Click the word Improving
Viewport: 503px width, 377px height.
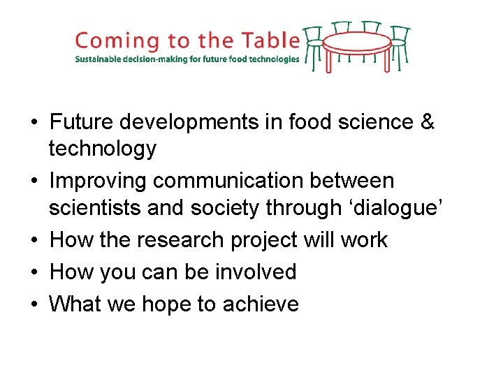(x=98, y=181)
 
